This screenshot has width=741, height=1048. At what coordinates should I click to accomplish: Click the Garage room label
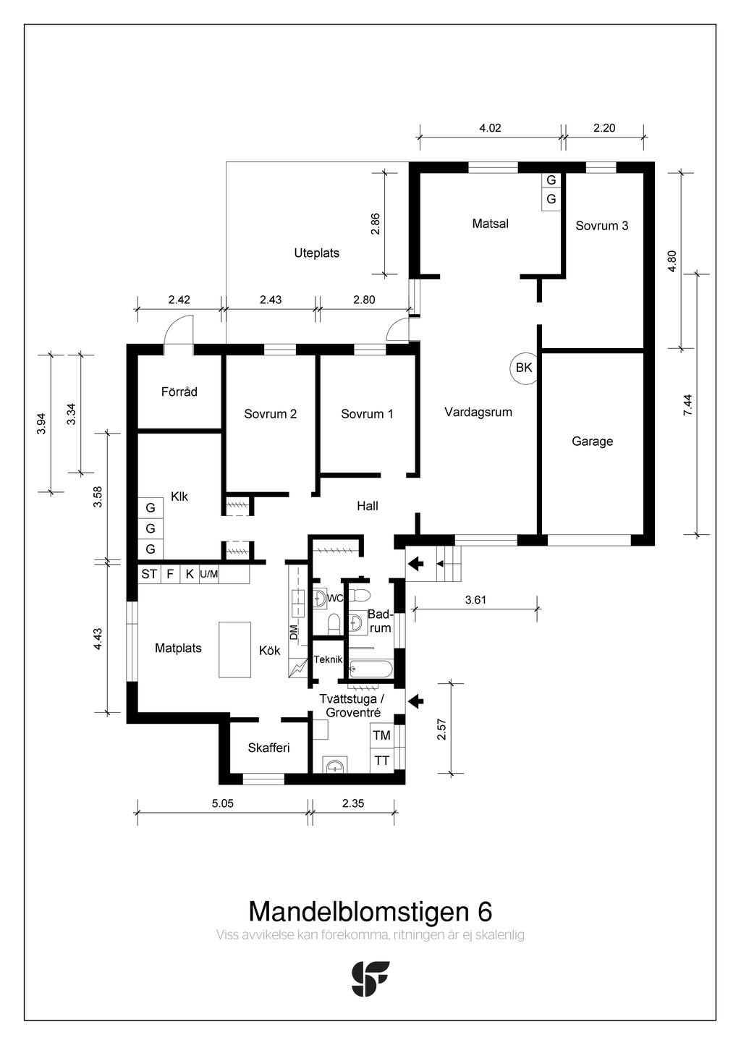pyautogui.click(x=592, y=441)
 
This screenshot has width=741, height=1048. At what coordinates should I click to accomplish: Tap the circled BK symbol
pyautogui.click(x=525, y=368)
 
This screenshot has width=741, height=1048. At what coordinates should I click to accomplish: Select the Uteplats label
pyautogui.click(x=317, y=253)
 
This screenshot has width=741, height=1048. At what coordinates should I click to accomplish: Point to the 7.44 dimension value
pyautogui.click(x=687, y=405)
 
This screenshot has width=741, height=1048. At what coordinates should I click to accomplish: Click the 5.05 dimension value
pyautogui.click(x=223, y=803)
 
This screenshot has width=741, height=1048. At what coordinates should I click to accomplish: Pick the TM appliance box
pyautogui.click(x=382, y=735)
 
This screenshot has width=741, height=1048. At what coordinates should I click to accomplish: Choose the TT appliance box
pyautogui.click(x=382, y=761)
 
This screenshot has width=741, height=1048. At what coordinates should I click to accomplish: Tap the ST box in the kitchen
pyautogui.click(x=149, y=574)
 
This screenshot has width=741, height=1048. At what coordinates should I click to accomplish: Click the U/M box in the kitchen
pyautogui.click(x=209, y=574)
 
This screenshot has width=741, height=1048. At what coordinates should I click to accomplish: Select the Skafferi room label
pyautogui.click(x=268, y=748)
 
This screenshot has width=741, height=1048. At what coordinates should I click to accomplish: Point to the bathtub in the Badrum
pyautogui.click(x=371, y=669)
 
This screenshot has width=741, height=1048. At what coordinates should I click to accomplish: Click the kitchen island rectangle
pyautogui.click(x=235, y=649)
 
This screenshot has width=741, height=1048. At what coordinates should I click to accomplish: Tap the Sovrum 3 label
pyautogui.click(x=601, y=226)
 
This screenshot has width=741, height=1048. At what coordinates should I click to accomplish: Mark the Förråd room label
pyautogui.click(x=179, y=392)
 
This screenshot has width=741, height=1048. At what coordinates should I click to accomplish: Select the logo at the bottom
pyautogui.click(x=370, y=979)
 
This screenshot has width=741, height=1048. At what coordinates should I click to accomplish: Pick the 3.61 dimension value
pyautogui.click(x=475, y=600)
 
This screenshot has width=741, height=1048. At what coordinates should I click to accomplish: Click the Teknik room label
pyautogui.click(x=328, y=659)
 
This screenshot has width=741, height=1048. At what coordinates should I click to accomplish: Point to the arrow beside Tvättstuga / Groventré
pyautogui.click(x=416, y=701)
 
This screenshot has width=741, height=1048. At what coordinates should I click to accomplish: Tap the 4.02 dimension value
pyautogui.click(x=490, y=127)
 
